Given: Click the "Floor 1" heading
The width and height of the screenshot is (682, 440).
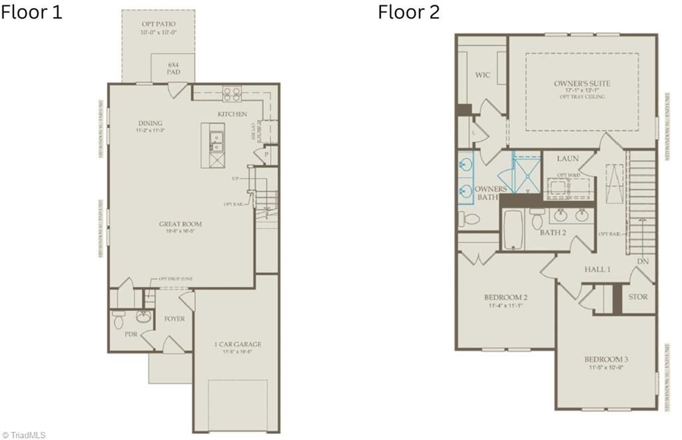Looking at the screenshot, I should coord(31,12).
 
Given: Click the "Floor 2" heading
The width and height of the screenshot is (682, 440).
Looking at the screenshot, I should coord(409,12).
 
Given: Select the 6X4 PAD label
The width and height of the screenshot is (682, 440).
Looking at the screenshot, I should coord(173,68).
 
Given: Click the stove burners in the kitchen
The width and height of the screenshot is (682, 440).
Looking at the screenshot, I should coord(231,94).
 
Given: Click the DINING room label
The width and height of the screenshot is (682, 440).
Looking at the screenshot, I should coord(151,123).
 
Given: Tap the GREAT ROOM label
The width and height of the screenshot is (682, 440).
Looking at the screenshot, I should coord(180,224).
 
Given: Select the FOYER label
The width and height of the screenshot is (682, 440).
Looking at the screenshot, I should coord(174,319).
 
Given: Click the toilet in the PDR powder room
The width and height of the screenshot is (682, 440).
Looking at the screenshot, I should coord(119,319).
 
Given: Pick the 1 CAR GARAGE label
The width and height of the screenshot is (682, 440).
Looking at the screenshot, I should coord(237,344).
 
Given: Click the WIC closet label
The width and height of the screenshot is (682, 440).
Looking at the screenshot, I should coord(482,75).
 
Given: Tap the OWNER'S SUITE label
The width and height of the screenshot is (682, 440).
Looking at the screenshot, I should coord(582,84).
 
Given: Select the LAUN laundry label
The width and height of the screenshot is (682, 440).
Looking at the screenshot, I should coord(568,158).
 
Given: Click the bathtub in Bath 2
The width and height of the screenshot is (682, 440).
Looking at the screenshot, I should coord(513,230).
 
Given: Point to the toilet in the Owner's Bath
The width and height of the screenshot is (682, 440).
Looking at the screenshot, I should coord(471,218).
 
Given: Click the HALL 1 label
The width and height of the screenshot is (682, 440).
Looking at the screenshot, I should coord(597,269).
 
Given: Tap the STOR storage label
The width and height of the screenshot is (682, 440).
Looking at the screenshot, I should coord(638,297).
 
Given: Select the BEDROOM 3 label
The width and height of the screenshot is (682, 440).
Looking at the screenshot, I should coord(607,359).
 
